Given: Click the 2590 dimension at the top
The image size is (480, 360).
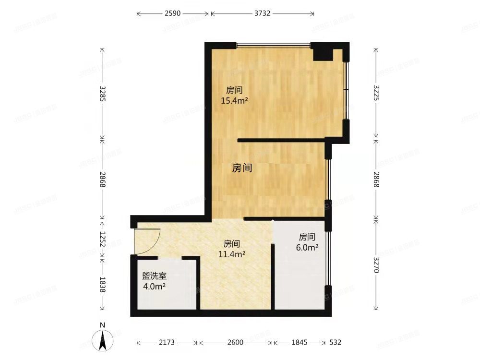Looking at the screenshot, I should [172, 13].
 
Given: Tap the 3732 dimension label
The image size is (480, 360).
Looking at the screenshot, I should [262, 13].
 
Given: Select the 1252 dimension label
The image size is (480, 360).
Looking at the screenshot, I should [102, 239].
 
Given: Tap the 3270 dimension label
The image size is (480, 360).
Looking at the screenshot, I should [376, 264].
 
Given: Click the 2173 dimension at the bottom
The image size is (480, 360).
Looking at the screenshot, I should [167, 343].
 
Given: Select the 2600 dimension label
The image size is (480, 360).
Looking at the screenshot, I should [236, 343].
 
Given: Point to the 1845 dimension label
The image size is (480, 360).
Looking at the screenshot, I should [298, 343].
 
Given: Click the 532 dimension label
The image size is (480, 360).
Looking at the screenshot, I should [335, 343].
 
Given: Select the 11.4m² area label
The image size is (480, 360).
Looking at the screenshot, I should [232, 254].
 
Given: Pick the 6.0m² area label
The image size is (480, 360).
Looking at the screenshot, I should [307, 248].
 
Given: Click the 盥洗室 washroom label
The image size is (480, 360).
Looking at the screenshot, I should [154, 276].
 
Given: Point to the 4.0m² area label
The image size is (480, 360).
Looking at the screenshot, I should [154, 287].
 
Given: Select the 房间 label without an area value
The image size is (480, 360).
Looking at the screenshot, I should [242, 168].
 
